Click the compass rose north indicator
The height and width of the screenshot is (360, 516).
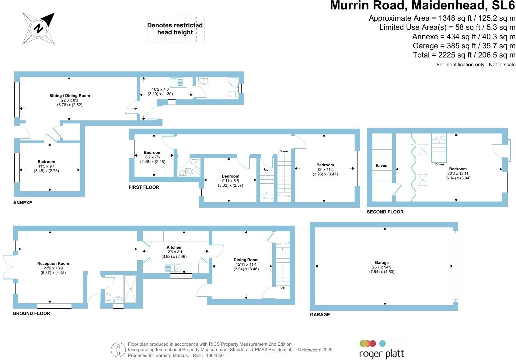coord(39,29)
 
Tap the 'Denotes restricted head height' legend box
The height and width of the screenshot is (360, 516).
coord(175,29)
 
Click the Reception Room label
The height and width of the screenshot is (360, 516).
coord(53,264)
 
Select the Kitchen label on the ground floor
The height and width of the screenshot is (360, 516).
coord(174,247)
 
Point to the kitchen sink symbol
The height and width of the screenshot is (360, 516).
coord(173,268)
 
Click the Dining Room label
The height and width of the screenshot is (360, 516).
coord(246,260)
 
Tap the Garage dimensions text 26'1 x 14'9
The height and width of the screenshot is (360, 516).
coord(382,267)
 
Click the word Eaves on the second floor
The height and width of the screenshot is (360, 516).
coord(381,166)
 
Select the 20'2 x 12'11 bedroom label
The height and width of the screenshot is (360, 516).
coord(458,169)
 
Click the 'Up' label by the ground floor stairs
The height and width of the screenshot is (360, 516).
coord(282,288)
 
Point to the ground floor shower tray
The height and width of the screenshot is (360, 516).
coord(131,289)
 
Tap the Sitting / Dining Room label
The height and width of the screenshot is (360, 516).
coord(70,96)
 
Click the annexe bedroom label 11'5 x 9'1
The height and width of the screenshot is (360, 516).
coord(46,162)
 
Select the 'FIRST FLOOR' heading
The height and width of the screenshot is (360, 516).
coord(144,187)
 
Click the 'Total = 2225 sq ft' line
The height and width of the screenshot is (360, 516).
coord(464,55)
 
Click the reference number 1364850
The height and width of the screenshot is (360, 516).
coord(215,355)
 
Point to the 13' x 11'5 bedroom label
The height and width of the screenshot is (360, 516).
coord(325,165)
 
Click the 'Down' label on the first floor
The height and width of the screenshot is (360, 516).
coord(284,151)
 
